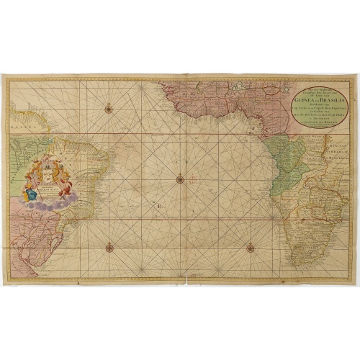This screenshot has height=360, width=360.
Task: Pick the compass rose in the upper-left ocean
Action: click(108, 109)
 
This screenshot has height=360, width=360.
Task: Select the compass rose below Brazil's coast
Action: click(109, 248)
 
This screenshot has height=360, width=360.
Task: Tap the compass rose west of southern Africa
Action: click(250, 248)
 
